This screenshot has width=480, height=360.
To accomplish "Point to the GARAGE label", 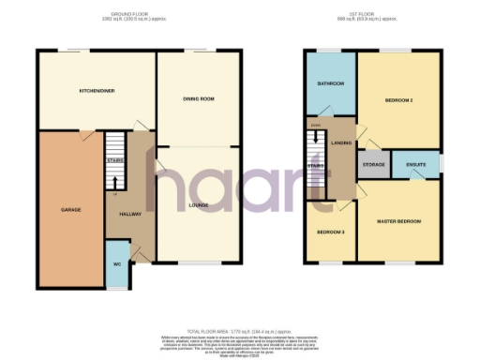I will pyautogui.click(x=69, y=208).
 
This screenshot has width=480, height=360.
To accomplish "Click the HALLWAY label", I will pyautogui.click(x=130, y=215).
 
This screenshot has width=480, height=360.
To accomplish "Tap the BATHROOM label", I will pyautogui.click(x=330, y=83).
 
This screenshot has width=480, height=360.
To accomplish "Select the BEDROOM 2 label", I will pyautogui.click(x=399, y=98).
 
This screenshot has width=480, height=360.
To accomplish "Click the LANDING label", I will pyautogui.click(x=341, y=142).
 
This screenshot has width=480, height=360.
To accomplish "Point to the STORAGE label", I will pyautogui.click(x=373, y=165).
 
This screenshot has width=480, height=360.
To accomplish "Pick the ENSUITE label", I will pyautogui.click(x=416, y=165).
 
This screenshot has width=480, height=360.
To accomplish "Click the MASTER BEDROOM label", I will pyautogui.click(x=398, y=221).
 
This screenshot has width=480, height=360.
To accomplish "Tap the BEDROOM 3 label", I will pyautogui.click(x=329, y=232).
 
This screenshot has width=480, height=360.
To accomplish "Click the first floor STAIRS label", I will pyautogui.click(x=316, y=166).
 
